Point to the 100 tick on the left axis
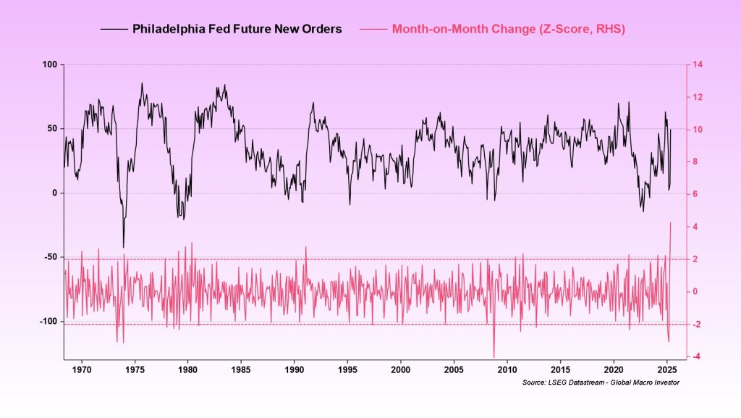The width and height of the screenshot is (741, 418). point(49,64)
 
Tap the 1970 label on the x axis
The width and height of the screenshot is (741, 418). point(82,369)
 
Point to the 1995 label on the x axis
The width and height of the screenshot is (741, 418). point(347,369)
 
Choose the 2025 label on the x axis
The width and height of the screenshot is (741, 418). point(667,369)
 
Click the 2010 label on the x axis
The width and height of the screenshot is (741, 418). point(507,369)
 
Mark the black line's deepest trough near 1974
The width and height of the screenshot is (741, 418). point(123,248)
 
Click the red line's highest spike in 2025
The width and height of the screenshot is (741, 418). point(671,222)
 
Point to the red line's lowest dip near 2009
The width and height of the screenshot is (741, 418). point(494,356)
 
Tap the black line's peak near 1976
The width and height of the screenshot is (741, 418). point(142,83)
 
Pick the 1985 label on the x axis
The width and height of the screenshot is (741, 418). point(241,369)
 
